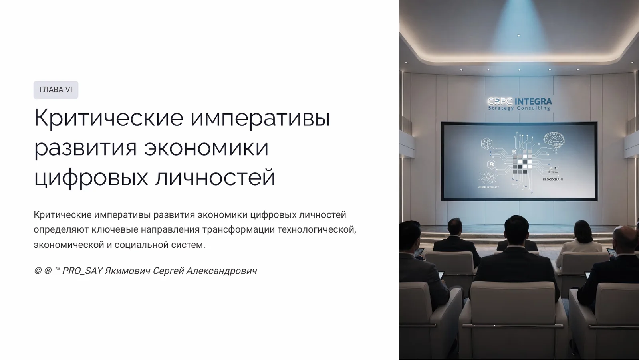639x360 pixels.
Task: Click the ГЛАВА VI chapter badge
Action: (56, 90)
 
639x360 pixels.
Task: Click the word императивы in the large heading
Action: (260, 118)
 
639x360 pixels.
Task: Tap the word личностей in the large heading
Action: (215, 177)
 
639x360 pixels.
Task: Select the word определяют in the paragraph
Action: (61, 230)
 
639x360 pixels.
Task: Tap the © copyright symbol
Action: (38, 271)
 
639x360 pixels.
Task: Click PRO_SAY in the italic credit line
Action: (82, 271)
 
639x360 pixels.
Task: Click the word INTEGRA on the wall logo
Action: (533, 101)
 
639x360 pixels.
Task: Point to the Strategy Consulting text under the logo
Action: (519, 108)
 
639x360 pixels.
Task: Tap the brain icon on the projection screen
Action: (554, 141)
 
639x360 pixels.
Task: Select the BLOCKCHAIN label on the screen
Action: (553, 180)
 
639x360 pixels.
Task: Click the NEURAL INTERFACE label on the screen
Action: (488, 187)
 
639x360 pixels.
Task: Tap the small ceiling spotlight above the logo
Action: (519, 36)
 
